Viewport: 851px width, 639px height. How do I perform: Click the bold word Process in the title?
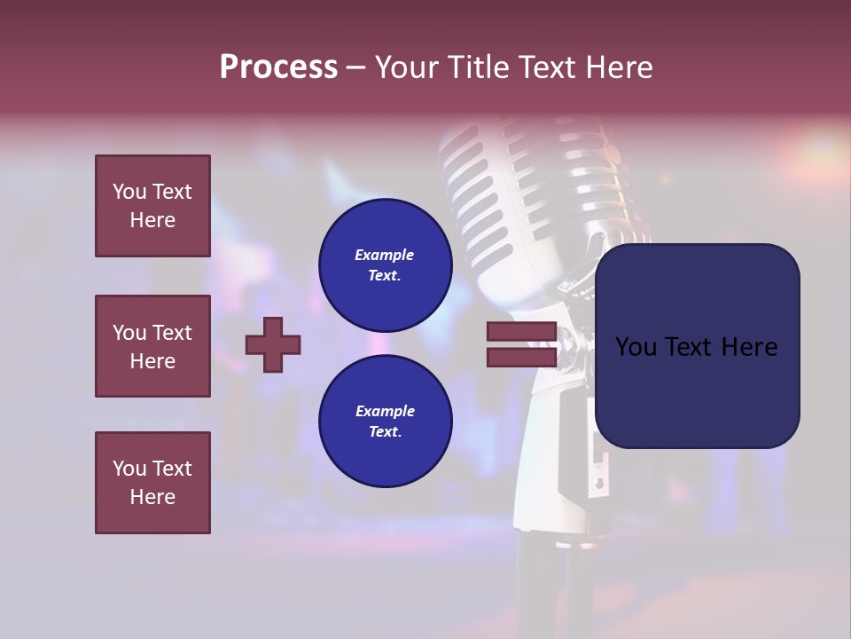click(278, 67)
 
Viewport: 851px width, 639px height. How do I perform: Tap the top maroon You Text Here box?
click(152, 206)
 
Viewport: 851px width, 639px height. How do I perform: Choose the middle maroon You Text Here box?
click(152, 346)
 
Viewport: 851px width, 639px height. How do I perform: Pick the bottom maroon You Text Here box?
click(152, 483)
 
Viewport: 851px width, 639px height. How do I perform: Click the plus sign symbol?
click(273, 344)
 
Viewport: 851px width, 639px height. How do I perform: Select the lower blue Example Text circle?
click(385, 422)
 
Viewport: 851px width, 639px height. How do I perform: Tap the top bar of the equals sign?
click(521, 332)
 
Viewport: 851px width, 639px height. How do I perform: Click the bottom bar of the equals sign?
click(521, 357)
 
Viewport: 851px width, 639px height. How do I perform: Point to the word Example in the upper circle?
click(385, 255)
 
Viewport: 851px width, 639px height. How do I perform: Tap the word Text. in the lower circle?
click(385, 432)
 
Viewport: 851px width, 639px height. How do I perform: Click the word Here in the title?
click(618, 67)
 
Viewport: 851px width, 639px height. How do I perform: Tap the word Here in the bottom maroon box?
click(152, 497)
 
